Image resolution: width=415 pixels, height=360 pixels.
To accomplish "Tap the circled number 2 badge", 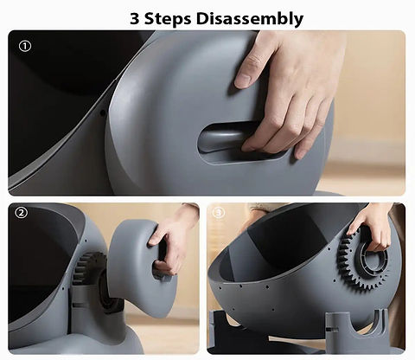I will point(22,213).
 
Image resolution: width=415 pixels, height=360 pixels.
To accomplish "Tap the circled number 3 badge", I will point(218,213).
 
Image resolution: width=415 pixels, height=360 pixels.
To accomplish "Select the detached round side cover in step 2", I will point(138,255).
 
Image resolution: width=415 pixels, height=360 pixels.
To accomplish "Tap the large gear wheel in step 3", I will point(363,268).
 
